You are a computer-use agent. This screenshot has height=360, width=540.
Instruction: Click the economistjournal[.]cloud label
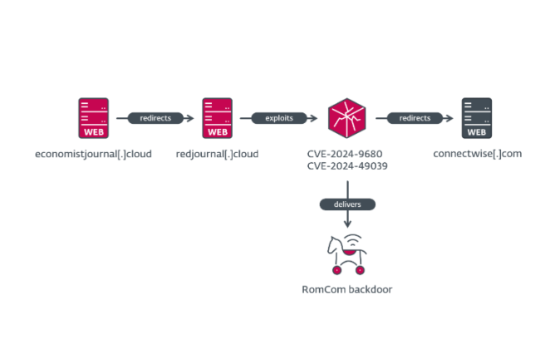coord(93,154)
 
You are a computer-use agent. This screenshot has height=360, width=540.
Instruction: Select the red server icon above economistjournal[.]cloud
coord(93,118)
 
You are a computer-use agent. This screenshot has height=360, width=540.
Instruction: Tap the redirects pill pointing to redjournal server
coord(155,118)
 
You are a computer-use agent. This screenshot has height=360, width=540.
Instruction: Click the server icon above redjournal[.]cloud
coord(217,118)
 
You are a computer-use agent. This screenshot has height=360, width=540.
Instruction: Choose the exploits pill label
coord(278,118)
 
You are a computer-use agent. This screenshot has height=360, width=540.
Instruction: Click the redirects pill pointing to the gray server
coord(415,118)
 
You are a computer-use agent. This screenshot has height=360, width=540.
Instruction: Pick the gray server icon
coord(477,118)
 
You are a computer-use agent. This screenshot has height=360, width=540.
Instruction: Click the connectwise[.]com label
coord(477,154)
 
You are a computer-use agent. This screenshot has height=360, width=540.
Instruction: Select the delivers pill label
coord(347,204)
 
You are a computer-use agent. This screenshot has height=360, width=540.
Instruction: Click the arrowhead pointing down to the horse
coord(347,224)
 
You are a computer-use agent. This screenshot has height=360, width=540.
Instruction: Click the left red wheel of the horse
coord(336,270)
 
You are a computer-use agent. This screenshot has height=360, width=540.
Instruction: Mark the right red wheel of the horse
coord(360,270)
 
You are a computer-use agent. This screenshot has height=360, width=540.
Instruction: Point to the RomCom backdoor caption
coord(347,290)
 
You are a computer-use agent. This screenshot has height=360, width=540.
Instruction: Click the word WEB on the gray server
coord(477,131)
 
